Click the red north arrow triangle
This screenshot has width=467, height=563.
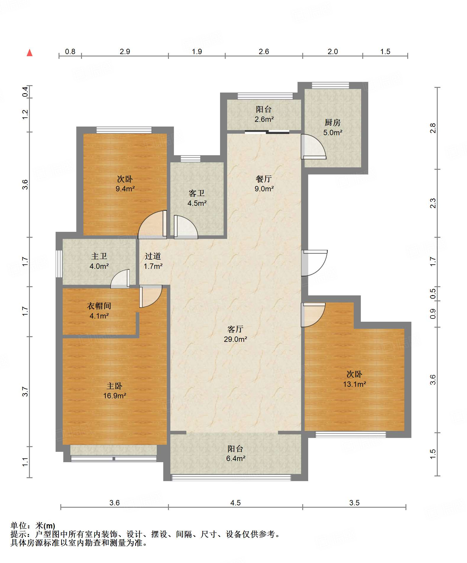[30, 53]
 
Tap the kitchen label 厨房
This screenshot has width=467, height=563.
[332, 122]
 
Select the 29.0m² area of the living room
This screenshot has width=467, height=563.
[235, 339]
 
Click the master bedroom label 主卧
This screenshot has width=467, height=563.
[114, 386]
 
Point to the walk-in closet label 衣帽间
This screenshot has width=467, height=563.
[99, 306]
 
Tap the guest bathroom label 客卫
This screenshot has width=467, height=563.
[197, 193]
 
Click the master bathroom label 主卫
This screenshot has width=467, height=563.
[99, 256]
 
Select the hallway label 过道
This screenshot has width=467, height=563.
[153, 256]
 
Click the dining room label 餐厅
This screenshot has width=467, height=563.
[264, 179]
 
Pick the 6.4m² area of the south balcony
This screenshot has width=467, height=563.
[236, 458]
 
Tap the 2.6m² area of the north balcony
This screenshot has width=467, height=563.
[264, 119]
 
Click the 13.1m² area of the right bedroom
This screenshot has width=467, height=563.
[355, 384]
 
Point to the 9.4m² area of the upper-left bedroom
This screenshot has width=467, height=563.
[125, 189]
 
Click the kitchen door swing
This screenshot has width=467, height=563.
[314, 147]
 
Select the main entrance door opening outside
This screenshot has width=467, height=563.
[314, 263]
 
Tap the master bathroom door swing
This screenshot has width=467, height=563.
[120, 279]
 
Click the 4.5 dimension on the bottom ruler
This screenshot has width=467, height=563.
[235, 503]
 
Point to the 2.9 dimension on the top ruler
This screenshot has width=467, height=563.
[125, 51]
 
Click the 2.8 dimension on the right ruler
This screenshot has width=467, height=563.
[433, 128]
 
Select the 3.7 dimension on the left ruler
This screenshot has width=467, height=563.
[25, 392]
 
